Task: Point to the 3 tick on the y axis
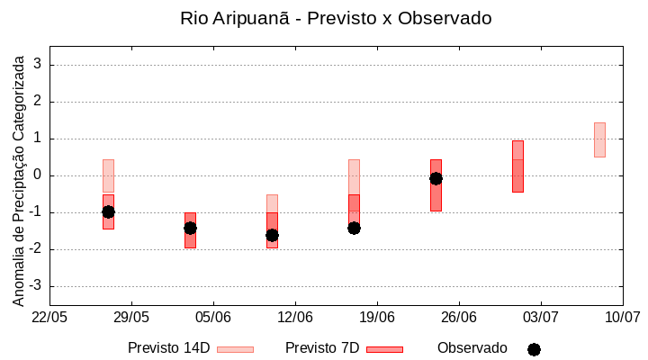(38, 65)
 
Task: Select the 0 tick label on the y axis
(38, 175)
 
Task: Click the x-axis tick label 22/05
(49, 318)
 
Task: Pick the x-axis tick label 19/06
(377, 318)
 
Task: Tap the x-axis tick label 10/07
(622, 318)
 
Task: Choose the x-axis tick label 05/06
(213, 318)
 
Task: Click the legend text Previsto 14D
(168, 348)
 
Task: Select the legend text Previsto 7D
(322, 348)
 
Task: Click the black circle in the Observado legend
(534, 349)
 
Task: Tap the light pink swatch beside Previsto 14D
(235, 349)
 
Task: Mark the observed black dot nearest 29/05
(108, 211)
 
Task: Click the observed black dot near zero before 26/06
(436, 178)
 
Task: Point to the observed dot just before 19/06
(354, 228)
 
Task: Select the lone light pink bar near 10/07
(599, 139)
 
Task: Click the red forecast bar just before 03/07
(517, 166)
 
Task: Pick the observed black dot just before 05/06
(190, 228)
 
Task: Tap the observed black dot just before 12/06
(272, 235)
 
